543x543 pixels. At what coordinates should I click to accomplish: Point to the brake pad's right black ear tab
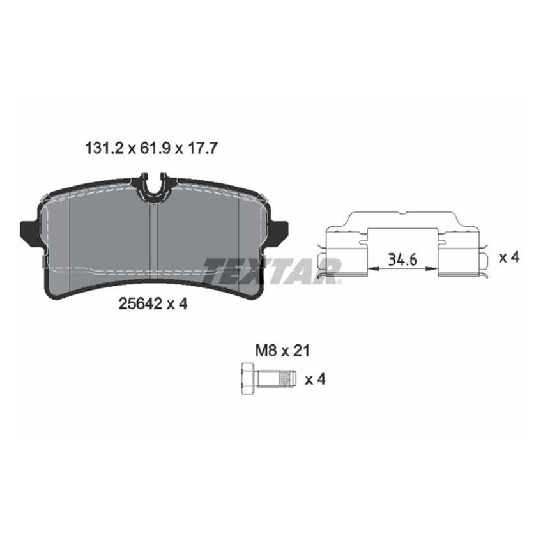[279, 232]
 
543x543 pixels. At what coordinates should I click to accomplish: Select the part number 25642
[139, 305]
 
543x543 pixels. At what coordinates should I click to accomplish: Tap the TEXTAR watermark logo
[271, 268]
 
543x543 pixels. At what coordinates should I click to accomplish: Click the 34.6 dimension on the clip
[400, 259]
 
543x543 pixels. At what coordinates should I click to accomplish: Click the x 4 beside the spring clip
[508, 257]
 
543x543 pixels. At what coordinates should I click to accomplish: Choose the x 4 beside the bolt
[316, 379]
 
